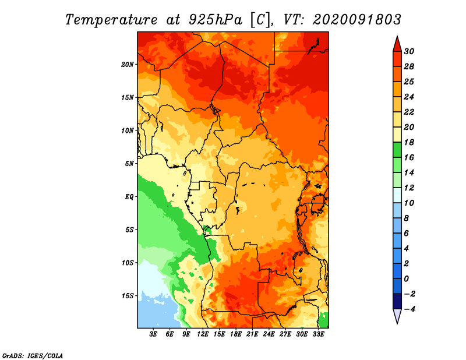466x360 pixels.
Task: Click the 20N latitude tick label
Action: point(128,64)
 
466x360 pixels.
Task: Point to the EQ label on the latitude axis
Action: point(129,197)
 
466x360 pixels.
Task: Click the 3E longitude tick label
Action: point(153,334)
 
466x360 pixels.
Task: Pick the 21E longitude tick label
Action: point(252,334)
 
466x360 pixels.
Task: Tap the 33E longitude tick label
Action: point(318,334)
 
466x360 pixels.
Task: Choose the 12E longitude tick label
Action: point(203,334)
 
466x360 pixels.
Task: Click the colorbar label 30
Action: point(409,51)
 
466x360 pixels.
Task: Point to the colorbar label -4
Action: point(409,309)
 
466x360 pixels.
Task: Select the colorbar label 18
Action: point(409,142)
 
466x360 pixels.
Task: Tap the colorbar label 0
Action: point(407,279)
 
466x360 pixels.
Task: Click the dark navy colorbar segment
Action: point(397,301)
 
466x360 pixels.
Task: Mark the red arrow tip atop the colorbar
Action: point(397,36)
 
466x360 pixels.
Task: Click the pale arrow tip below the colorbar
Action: point(397,323)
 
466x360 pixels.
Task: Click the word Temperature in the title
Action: point(111,20)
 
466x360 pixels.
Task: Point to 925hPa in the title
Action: point(216,20)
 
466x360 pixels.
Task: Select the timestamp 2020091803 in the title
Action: point(357,20)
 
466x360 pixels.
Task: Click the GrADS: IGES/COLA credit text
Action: point(33,356)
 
